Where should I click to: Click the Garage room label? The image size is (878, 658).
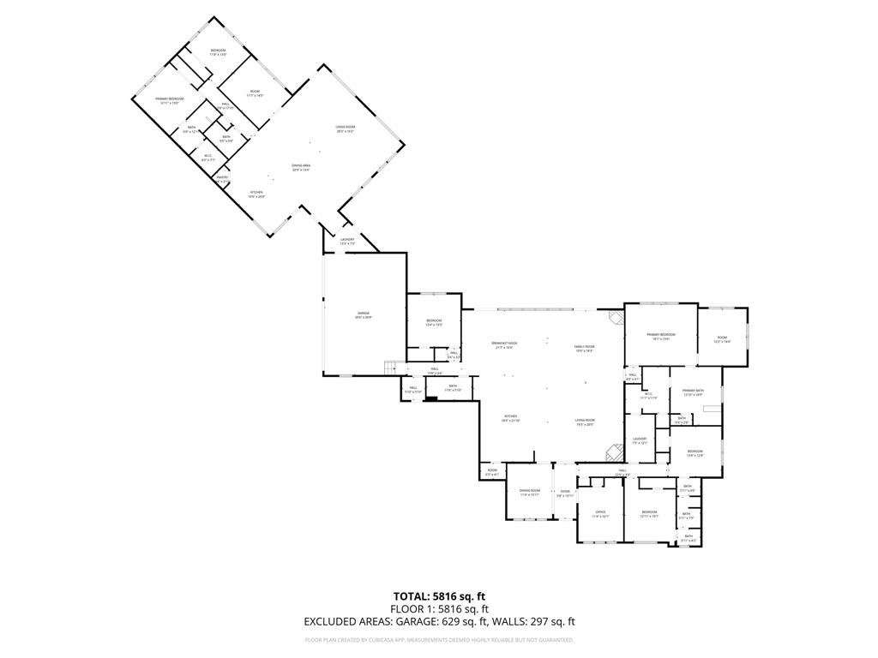pos(364,314)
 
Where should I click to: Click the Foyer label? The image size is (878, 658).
pos(565,492)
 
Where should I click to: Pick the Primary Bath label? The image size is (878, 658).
pos(693,391)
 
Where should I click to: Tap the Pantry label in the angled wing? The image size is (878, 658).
pos(222,177)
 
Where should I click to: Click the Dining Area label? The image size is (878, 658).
pos(300,165)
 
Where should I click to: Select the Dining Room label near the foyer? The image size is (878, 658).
pos(529,491)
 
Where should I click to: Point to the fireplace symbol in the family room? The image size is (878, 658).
pos(615,316)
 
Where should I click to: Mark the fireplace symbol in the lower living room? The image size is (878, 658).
pos(614,452)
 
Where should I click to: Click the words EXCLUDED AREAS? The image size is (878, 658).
pos(345,622)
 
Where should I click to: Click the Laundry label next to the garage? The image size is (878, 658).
pos(347,240)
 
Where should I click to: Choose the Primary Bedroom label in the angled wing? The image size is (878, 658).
pos(170,99)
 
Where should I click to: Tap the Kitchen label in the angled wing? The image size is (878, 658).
pos(256,193)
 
